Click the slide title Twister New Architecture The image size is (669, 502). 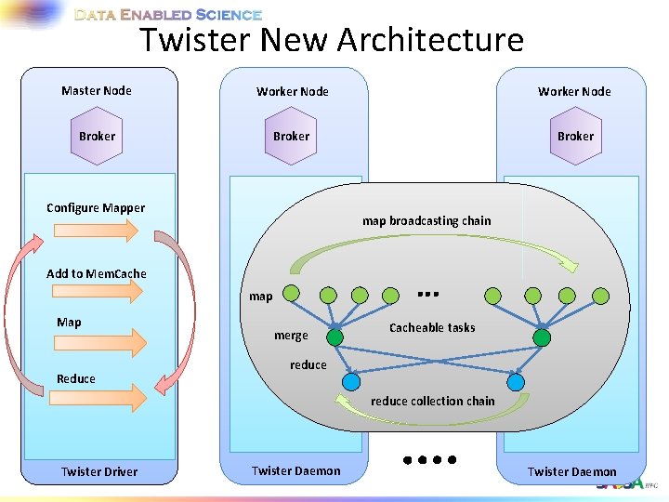[x=332, y=41]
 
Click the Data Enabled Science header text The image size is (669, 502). [x=168, y=15]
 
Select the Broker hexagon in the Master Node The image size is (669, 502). [x=97, y=136]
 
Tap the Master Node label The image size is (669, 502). [x=97, y=90]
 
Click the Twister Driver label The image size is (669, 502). [x=99, y=471]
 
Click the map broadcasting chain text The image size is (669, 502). [x=426, y=220]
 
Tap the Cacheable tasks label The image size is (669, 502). [x=432, y=327]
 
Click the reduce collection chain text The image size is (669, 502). [x=433, y=401]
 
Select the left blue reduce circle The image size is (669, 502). [x=350, y=381]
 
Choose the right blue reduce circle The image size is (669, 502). [x=516, y=381]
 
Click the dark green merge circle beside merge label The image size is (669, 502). [x=334, y=337]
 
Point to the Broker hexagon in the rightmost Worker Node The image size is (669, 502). [x=575, y=136]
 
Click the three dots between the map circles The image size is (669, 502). [x=427, y=294]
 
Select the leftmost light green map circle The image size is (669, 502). [x=291, y=295]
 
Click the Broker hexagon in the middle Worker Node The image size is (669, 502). [x=291, y=136]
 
